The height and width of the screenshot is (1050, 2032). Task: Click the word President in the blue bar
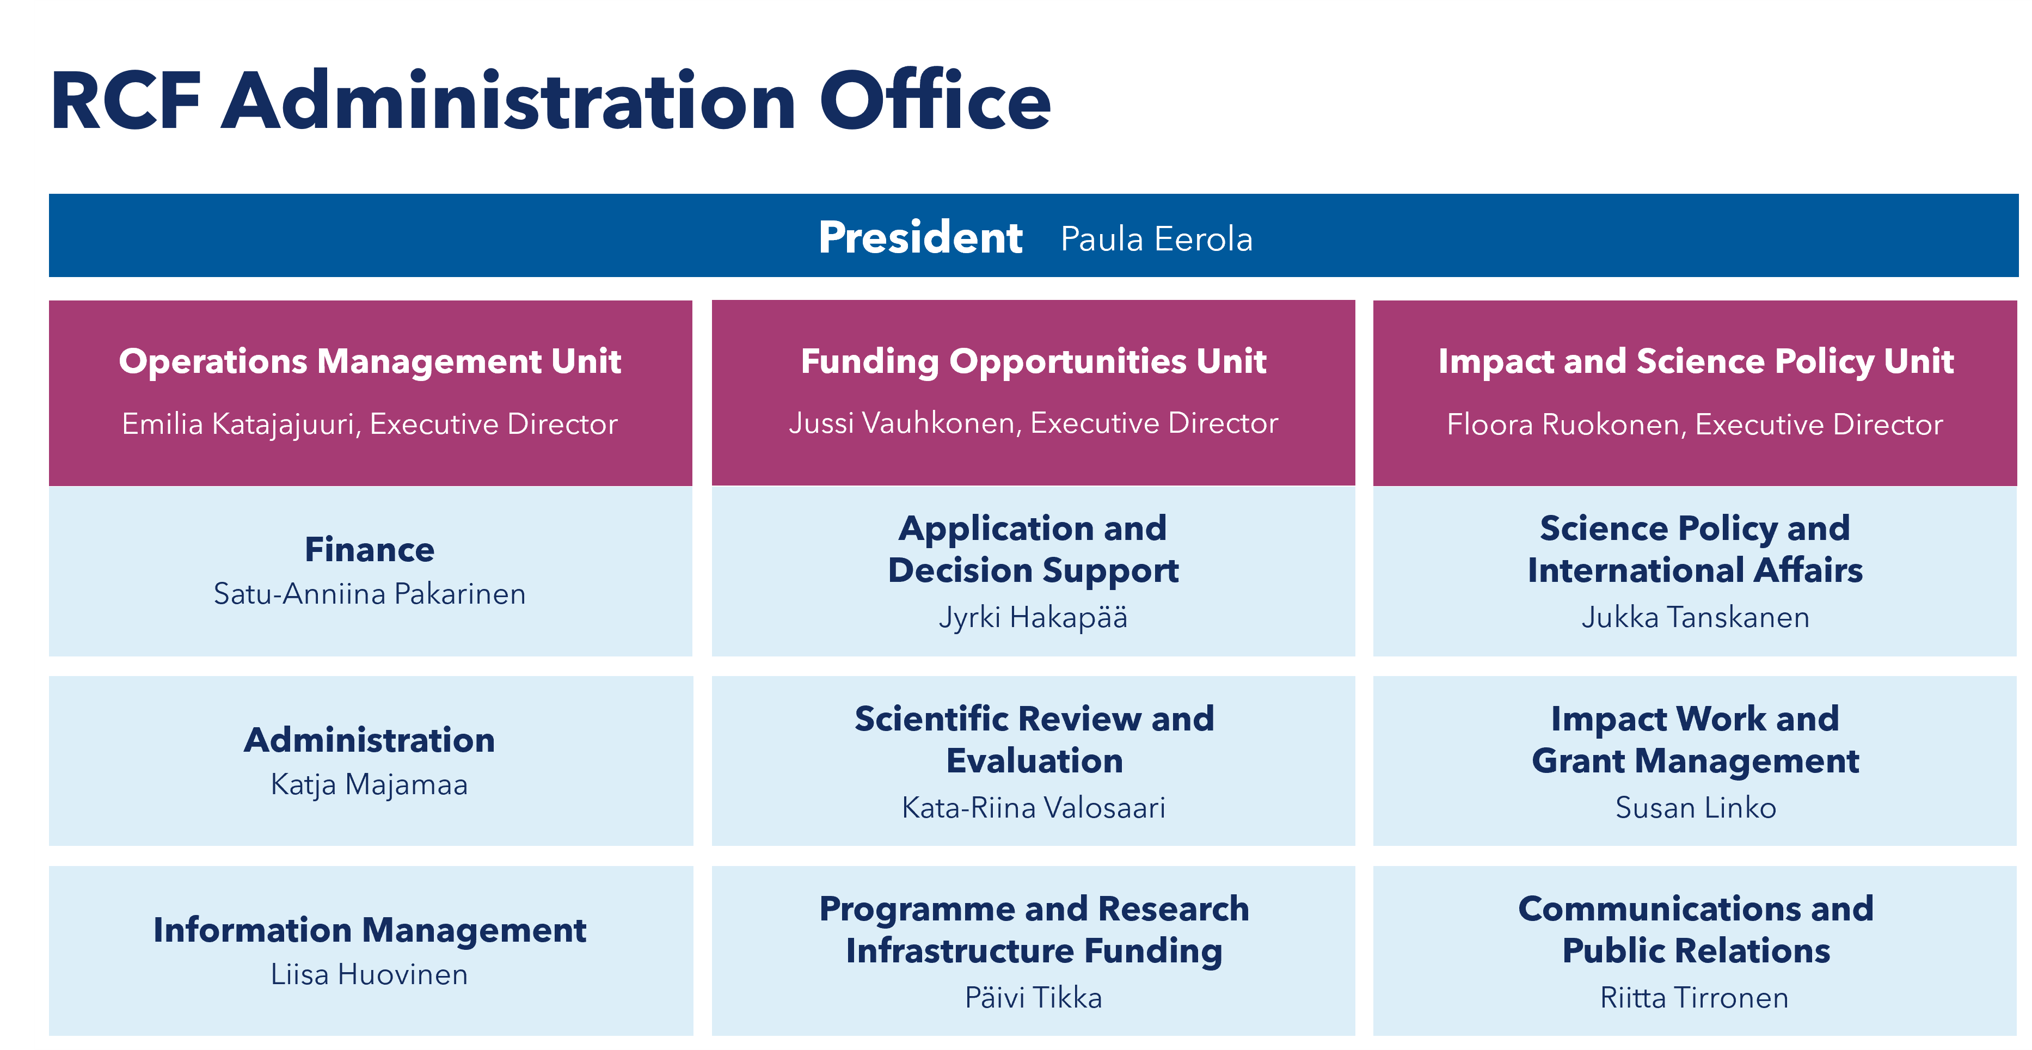(x=920, y=237)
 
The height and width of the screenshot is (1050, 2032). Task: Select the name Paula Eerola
(x=1156, y=239)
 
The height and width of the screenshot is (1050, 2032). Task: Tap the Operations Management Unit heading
(x=370, y=361)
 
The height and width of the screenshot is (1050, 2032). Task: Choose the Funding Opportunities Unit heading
(x=1033, y=361)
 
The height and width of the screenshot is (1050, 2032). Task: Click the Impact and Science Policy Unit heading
(x=1696, y=361)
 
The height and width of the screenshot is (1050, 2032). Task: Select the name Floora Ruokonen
(x=1567, y=425)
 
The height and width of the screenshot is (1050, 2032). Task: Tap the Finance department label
(x=370, y=550)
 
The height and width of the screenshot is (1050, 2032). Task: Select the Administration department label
(x=370, y=740)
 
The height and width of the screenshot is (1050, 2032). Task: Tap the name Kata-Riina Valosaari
(x=1033, y=808)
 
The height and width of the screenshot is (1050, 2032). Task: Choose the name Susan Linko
(x=1696, y=808)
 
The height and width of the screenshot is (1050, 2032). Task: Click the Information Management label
(x=370, y=931)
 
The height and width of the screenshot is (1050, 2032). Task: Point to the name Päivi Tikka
(x=1033, y=998)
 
